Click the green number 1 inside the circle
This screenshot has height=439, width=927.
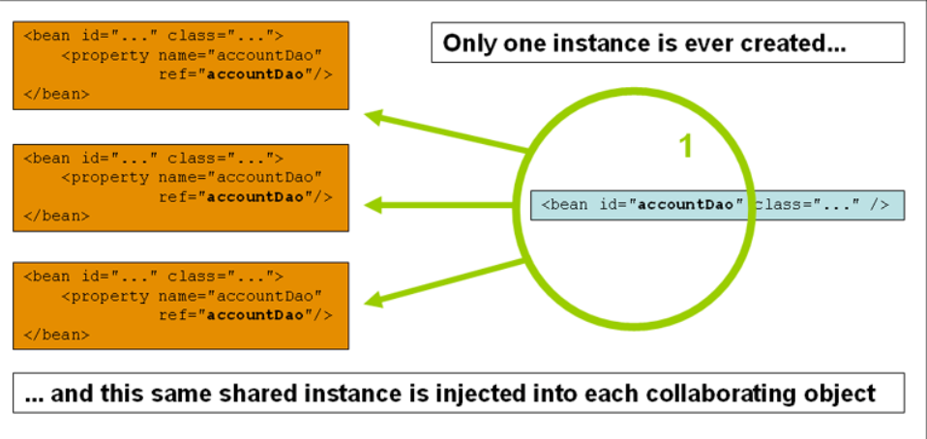[685, 146]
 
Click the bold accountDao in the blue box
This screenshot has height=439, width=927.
[685, 205]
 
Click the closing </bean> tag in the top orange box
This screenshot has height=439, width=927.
[55, 95]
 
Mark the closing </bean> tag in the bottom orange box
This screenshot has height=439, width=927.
[55, 334]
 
